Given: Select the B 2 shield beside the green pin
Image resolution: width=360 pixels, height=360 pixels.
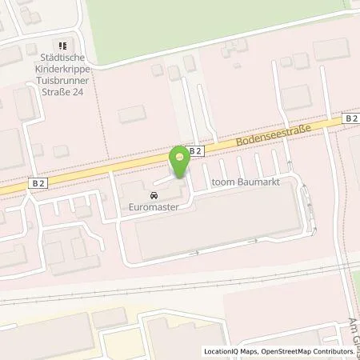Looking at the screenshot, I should click(194, 150).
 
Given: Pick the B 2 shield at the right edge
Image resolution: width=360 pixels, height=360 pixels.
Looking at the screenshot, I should click(351, 118).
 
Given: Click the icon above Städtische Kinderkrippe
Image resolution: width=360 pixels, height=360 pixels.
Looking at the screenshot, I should click(62, 44).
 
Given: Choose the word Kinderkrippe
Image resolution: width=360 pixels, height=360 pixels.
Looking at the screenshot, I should click(63, 69).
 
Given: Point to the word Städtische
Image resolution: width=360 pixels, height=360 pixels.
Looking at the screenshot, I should click(63, 58).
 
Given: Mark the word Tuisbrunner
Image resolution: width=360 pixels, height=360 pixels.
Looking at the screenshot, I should click(63, 79).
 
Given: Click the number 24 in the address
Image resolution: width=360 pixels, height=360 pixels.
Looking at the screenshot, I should click(81, 90).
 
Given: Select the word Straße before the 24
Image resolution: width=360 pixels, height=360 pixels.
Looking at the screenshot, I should click(56, 90).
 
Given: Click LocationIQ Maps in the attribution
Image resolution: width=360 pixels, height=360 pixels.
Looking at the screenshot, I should click(231, 351).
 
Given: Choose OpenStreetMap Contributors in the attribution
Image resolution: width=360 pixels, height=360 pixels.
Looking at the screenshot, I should click(310, 351).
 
